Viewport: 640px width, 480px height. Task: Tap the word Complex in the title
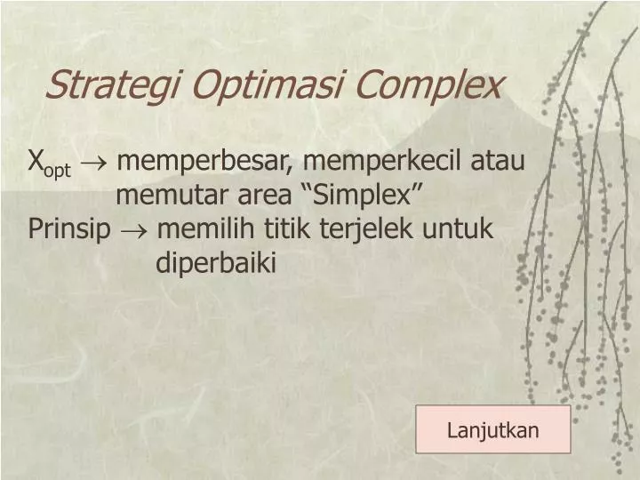[435, 85]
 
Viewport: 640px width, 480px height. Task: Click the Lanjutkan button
[493, 431]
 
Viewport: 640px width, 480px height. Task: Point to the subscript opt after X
[58, 170]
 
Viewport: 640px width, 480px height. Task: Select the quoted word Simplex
[364, 196]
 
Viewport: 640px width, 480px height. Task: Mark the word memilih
[207, 229]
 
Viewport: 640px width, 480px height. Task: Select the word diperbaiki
[216, 263]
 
